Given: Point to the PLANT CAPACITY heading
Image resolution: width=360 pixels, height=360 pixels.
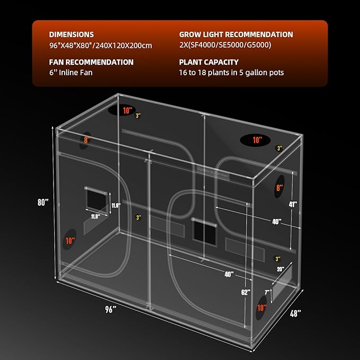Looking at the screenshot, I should [209, 62].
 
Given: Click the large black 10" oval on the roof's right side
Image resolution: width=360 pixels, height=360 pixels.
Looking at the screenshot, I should [257, 140].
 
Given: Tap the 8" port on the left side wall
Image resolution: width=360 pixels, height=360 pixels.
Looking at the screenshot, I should [86, 140].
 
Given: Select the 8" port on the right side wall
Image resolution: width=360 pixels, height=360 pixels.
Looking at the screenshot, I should [279, 188].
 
